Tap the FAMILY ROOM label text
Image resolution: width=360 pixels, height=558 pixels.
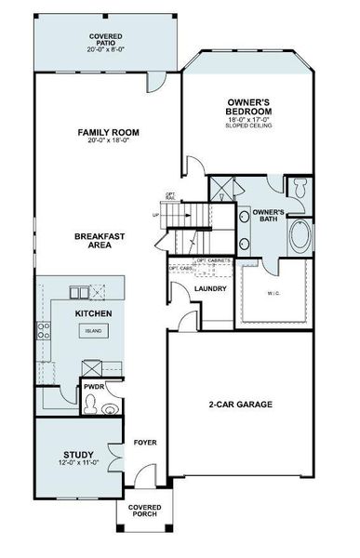pos(108,133)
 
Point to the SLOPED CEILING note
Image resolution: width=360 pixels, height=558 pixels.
pos(247,125)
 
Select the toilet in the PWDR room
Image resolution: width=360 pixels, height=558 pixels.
pos(90,403)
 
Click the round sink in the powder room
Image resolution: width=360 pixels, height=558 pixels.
pos(111,406)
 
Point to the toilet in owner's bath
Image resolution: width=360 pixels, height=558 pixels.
pos(300,188)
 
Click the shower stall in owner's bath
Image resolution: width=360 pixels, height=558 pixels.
pos(222,193)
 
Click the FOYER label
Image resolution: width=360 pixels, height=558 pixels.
pos(144,443)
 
